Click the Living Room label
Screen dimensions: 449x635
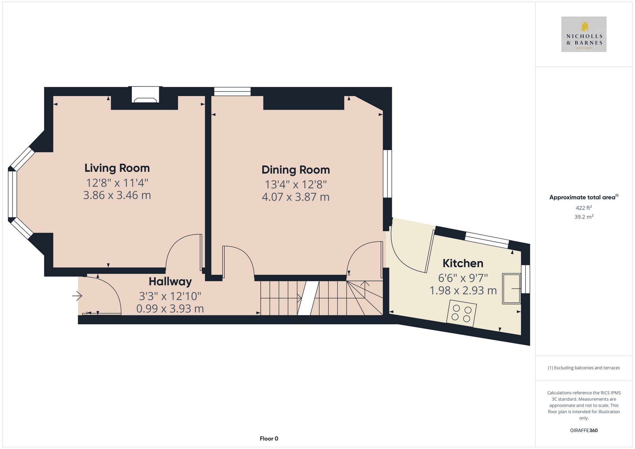tap(117, 168)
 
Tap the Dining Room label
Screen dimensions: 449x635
tap(296, 170)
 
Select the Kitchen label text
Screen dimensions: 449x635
tap(463, 263)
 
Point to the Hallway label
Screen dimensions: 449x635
tap(170, 281)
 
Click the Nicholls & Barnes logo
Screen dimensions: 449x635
tap(584, 34)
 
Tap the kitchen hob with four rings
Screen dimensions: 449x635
tap(461, 313)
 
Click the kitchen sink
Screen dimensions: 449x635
tap(511, 288)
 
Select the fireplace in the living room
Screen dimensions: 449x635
tap(145, 95)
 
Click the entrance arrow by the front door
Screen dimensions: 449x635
tap(77, 296)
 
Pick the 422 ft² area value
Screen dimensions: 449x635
tap(584, 208)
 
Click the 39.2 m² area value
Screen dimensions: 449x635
tap(584, 217)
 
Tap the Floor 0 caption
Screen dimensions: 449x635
tap(269, 439)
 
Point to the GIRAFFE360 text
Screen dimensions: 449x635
tap(584, 430)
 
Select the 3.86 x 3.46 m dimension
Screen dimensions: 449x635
tap(117, 195)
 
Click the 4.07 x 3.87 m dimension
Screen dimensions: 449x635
tap(296, 197)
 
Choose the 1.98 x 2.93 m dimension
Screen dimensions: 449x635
tap(463, 291)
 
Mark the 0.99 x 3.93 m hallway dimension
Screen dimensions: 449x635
tap(170, 308)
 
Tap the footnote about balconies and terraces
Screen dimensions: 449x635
tap(584, 368)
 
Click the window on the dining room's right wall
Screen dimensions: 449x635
tap(387, 174)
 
